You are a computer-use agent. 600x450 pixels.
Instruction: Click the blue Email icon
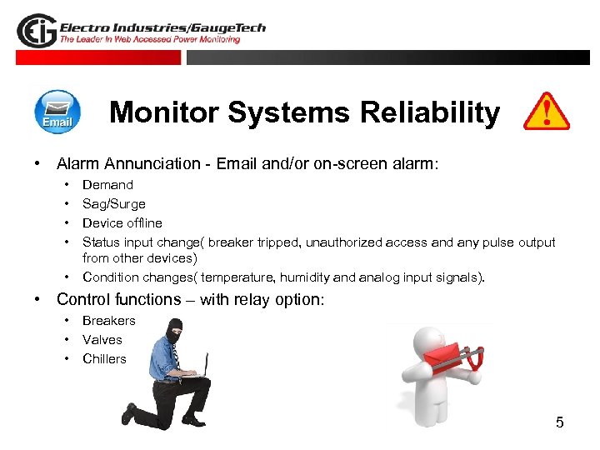(57, 112)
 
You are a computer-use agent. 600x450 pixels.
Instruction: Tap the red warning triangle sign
(546, 112)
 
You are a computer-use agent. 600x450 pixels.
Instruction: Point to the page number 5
(559, 422)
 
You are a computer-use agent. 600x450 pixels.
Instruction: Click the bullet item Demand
(107, 185)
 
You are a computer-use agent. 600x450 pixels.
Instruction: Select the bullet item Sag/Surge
(113, 204)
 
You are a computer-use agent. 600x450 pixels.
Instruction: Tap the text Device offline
(122, 223)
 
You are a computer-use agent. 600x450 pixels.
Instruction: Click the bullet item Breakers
(108, 321)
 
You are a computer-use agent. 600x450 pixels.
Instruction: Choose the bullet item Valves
(102, 340)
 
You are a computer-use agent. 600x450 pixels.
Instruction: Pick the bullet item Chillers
(104, 359)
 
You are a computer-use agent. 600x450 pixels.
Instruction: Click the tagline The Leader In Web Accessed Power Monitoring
(150, 39)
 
